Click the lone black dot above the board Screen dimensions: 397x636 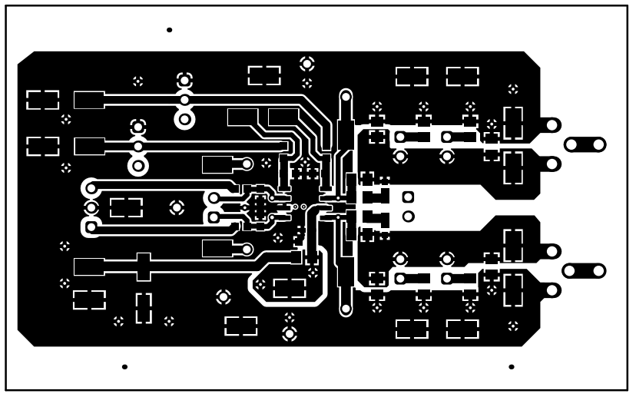(169, 30)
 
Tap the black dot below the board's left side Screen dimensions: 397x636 (124, 367)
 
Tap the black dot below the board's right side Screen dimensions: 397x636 (512, 367)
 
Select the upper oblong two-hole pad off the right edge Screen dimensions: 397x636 (585, 144)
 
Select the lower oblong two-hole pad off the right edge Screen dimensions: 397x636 (585, 270)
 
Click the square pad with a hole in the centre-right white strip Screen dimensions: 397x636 (409, 196)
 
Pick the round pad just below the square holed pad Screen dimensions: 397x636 (409, 215)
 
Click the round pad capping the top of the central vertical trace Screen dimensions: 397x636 (346, 98)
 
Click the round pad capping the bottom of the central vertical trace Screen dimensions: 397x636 (346, 307)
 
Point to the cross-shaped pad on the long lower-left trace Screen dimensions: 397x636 (143, 266)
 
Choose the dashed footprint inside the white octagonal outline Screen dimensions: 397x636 (290, 288)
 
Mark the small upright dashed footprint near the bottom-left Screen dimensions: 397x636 (144, 307)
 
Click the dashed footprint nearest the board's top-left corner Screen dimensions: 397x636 (42, 100)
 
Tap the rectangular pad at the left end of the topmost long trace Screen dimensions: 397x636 (89, 100)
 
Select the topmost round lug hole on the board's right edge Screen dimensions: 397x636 (551, 124)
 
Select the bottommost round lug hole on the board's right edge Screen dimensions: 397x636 (551, 289)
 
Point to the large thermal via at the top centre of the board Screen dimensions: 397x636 (306, 63)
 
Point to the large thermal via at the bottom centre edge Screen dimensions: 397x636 (290, 333)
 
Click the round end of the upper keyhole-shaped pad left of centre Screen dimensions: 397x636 (247, 164)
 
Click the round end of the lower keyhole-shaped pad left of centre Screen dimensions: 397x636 (247, 249)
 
